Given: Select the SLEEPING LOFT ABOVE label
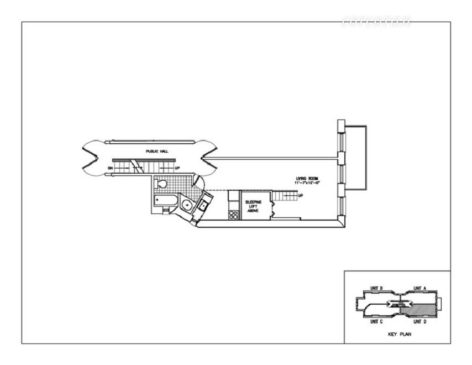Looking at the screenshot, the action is click(x=254, y=206).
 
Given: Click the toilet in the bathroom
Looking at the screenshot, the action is click(x=161, y=183).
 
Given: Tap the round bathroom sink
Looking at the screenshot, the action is click(x=187, y=206).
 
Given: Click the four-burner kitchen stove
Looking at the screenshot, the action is click(x=233, y=215).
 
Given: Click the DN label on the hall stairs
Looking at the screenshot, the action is click(x=111, y=168).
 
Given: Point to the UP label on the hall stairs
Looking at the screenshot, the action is click(x=177, y=168).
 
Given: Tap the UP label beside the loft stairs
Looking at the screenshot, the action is click(x=300, y=195).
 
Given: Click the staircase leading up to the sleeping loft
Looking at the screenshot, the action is click(x=285, y=195).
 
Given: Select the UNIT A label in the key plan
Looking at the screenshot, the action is click(x=421, y=288).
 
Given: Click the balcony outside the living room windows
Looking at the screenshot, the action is click(x=356, y=157).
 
